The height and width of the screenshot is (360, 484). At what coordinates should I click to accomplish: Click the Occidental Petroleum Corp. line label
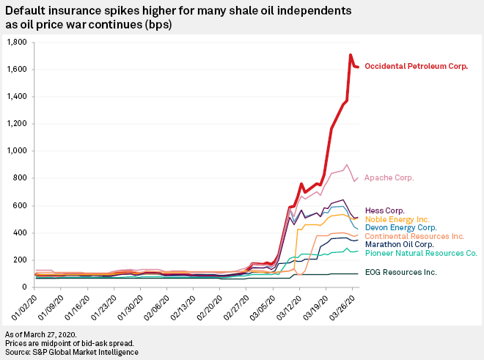pyautogui.click(x=416, y=66)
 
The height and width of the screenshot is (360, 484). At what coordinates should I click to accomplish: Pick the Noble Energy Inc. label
pyautogui.click(x=396, y=218)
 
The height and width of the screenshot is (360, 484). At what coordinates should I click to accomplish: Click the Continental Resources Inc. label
pyautogui.click(x=414, y=236)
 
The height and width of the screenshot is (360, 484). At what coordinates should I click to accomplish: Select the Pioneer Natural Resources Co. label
pyautogui.click(x=421, y=254)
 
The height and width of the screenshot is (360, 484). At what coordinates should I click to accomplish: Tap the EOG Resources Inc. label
pyautogui.click(x=400, y=272)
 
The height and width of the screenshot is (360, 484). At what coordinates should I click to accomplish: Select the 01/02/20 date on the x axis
pyautogui.click(x=26, y=304)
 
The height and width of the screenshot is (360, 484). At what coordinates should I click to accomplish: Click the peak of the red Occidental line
pyautogui.click(x=351, y=55)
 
